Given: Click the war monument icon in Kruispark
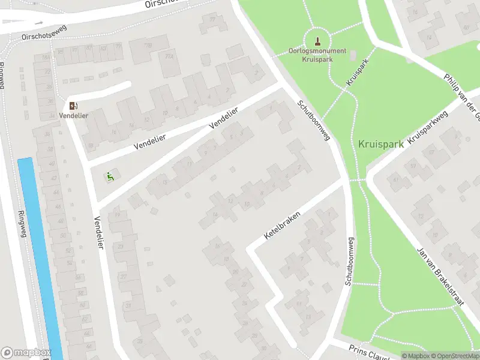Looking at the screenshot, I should click(x=317, y=41).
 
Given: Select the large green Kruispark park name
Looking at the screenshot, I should click(x=380, y=144).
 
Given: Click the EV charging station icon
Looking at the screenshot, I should click(x=73, y=106).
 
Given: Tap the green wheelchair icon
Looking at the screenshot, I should click(x=109, y=176).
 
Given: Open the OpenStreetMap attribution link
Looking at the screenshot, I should click(x=452, y=356).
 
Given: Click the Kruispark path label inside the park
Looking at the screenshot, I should click(x=356, y=70).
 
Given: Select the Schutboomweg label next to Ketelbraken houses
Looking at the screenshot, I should click(x=350, y=261).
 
